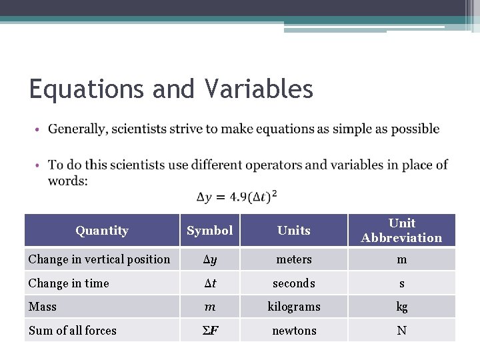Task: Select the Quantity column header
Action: [x=102, y=231]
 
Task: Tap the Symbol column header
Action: [x=209, y=231]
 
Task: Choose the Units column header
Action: [x=294, y=231]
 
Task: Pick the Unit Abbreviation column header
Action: [x=401, y=231]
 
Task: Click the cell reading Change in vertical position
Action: [x=99, y=259]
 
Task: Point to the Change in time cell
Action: [x=69, y=283]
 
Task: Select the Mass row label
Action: [x=43, y=307]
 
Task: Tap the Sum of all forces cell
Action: [x=73, y=331]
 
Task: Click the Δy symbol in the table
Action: [x=209, y=259]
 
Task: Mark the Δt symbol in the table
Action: [x=209, y=283]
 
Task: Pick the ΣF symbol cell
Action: [x=209, y=331]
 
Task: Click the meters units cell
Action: [x=294, y=259]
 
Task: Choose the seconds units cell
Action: [x=294, y=283]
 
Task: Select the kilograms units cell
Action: [x=294, y=307]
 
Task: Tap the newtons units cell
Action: [x=294, y=331]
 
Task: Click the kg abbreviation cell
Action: [x=401, y=307]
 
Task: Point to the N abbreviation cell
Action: [x=401, y=331]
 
